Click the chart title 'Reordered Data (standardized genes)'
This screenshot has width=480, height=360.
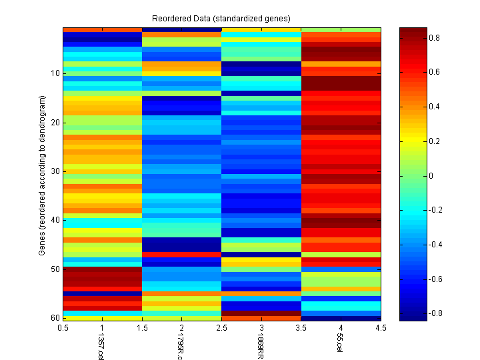point(221,17)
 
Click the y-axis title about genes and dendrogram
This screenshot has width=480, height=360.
point(41,175)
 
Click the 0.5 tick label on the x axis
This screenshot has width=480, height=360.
point(63,328)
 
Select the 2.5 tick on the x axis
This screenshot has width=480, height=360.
point(222,328)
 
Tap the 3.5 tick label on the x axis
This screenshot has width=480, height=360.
point(301,328)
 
